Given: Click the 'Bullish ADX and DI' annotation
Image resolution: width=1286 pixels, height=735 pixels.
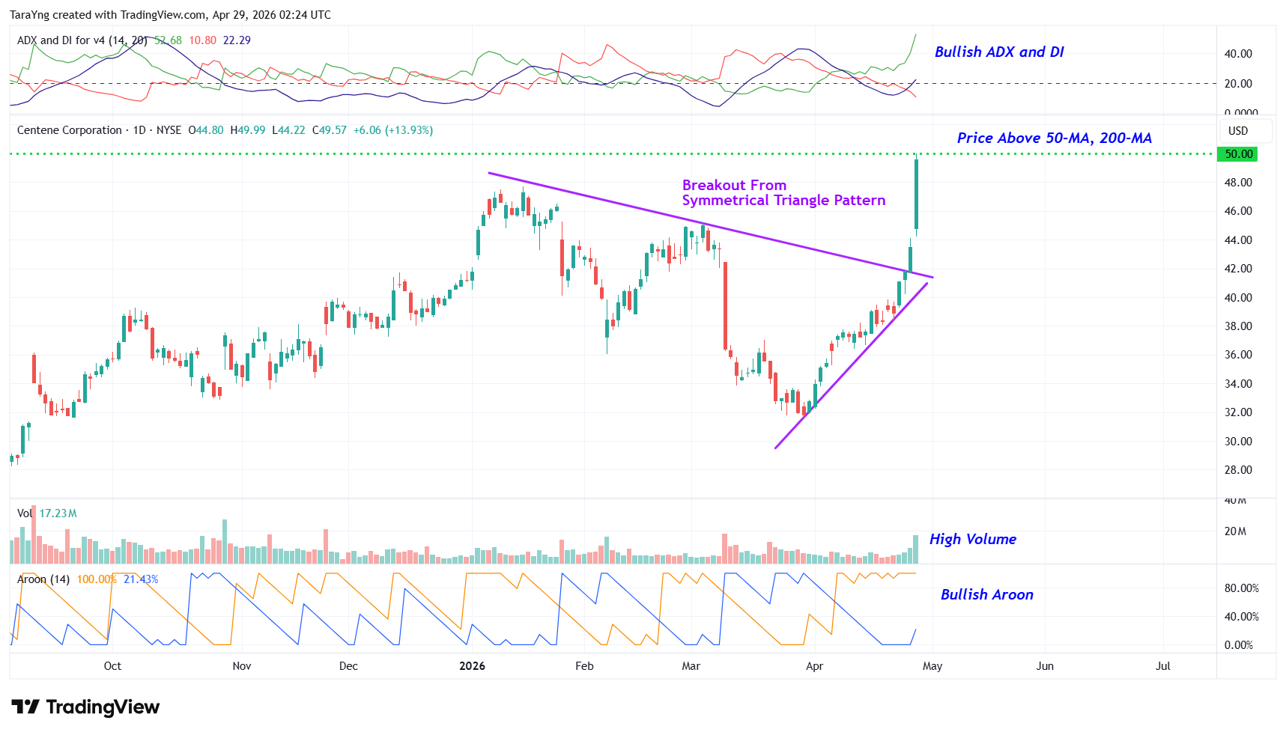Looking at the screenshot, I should pos(998,52).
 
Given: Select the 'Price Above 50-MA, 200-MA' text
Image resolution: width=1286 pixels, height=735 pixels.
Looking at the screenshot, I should pos(1054,138).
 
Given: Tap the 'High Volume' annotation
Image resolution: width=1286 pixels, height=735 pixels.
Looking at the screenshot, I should pos(972,539).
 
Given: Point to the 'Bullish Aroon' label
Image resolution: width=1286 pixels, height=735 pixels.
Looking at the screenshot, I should pos(986,594).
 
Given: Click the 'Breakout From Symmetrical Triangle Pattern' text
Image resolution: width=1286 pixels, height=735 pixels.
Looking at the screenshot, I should pos(783,192).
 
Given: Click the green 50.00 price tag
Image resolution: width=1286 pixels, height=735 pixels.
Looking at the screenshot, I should pos(1238,154).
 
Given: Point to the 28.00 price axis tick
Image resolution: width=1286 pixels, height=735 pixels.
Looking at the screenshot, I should pos(1238,470).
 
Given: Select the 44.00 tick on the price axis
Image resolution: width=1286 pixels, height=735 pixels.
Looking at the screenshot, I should pos(1238,240).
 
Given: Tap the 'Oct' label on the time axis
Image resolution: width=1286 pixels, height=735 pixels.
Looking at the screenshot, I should pos(112,666).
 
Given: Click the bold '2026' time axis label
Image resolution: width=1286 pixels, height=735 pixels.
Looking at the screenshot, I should pos(472,666).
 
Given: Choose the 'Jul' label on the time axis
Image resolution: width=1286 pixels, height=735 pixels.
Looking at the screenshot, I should pos(1162,666).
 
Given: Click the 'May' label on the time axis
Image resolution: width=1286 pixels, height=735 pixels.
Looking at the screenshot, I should pos(932,666).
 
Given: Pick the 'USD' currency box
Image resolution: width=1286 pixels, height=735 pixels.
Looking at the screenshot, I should pos(1238,131).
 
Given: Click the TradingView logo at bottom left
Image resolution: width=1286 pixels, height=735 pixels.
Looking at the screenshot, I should pos(85,707).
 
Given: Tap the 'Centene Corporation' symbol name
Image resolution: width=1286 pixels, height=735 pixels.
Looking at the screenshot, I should pos(69,130).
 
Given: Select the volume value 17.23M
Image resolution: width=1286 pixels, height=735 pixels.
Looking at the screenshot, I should pos(58,513).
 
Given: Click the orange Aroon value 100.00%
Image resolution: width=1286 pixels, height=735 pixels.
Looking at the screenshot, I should pos(97,579).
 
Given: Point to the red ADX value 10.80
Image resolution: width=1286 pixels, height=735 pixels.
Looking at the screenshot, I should pos(202,40).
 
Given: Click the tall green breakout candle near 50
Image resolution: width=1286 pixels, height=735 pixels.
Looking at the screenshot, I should pos(916,194).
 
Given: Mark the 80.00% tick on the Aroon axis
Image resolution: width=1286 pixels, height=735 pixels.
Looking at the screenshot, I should pos(1241,588).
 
